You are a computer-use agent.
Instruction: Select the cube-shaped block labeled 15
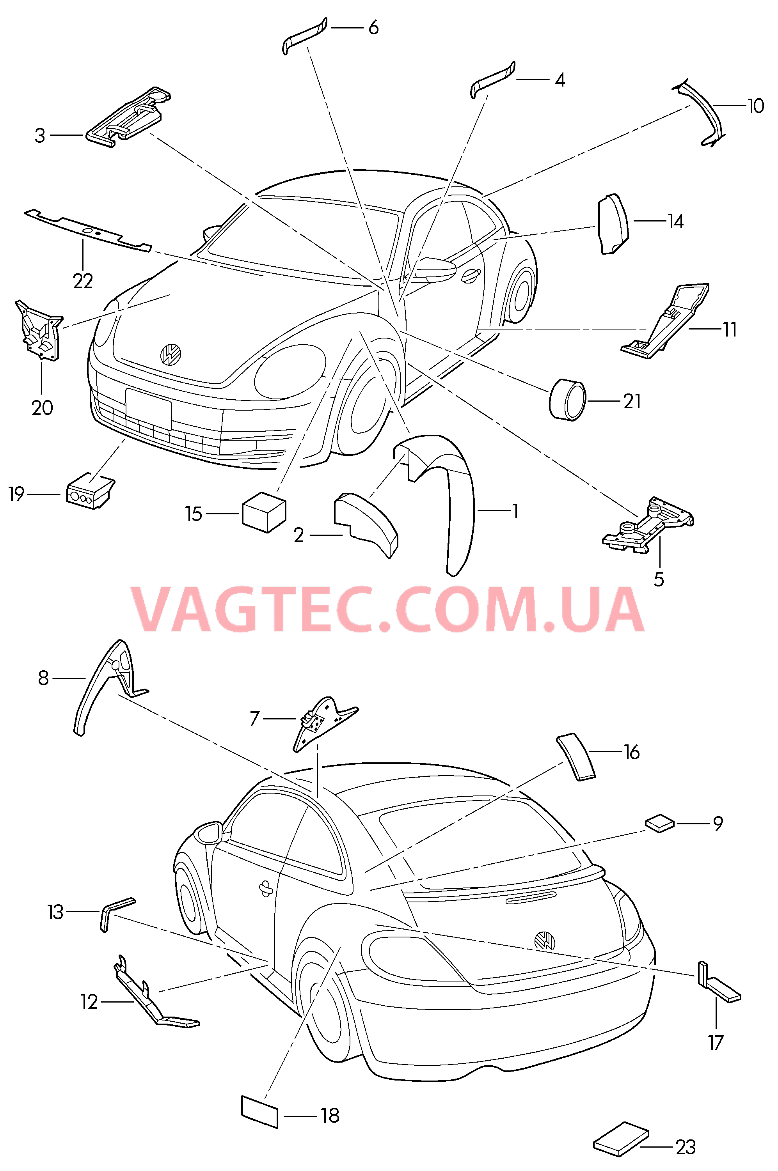pos(264,512)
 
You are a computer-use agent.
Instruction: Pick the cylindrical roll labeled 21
pos(568,400)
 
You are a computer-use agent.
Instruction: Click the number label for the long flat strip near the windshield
pos(83,281)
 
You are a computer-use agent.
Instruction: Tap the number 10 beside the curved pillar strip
pos(755,106)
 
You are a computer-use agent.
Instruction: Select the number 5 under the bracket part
pos(659,579)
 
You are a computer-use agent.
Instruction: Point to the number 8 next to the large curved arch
pos(44,678)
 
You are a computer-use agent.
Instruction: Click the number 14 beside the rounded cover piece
pos(675,221)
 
